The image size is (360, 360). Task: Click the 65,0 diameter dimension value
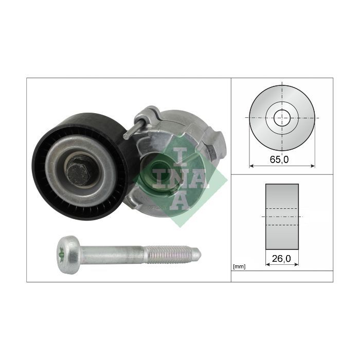279,159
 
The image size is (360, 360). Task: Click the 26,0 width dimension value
281,259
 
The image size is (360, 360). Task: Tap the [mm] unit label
239,267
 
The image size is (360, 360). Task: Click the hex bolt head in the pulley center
77,171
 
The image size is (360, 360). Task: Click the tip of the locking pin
126,136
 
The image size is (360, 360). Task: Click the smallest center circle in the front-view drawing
282,110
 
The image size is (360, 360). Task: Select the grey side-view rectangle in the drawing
282,217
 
